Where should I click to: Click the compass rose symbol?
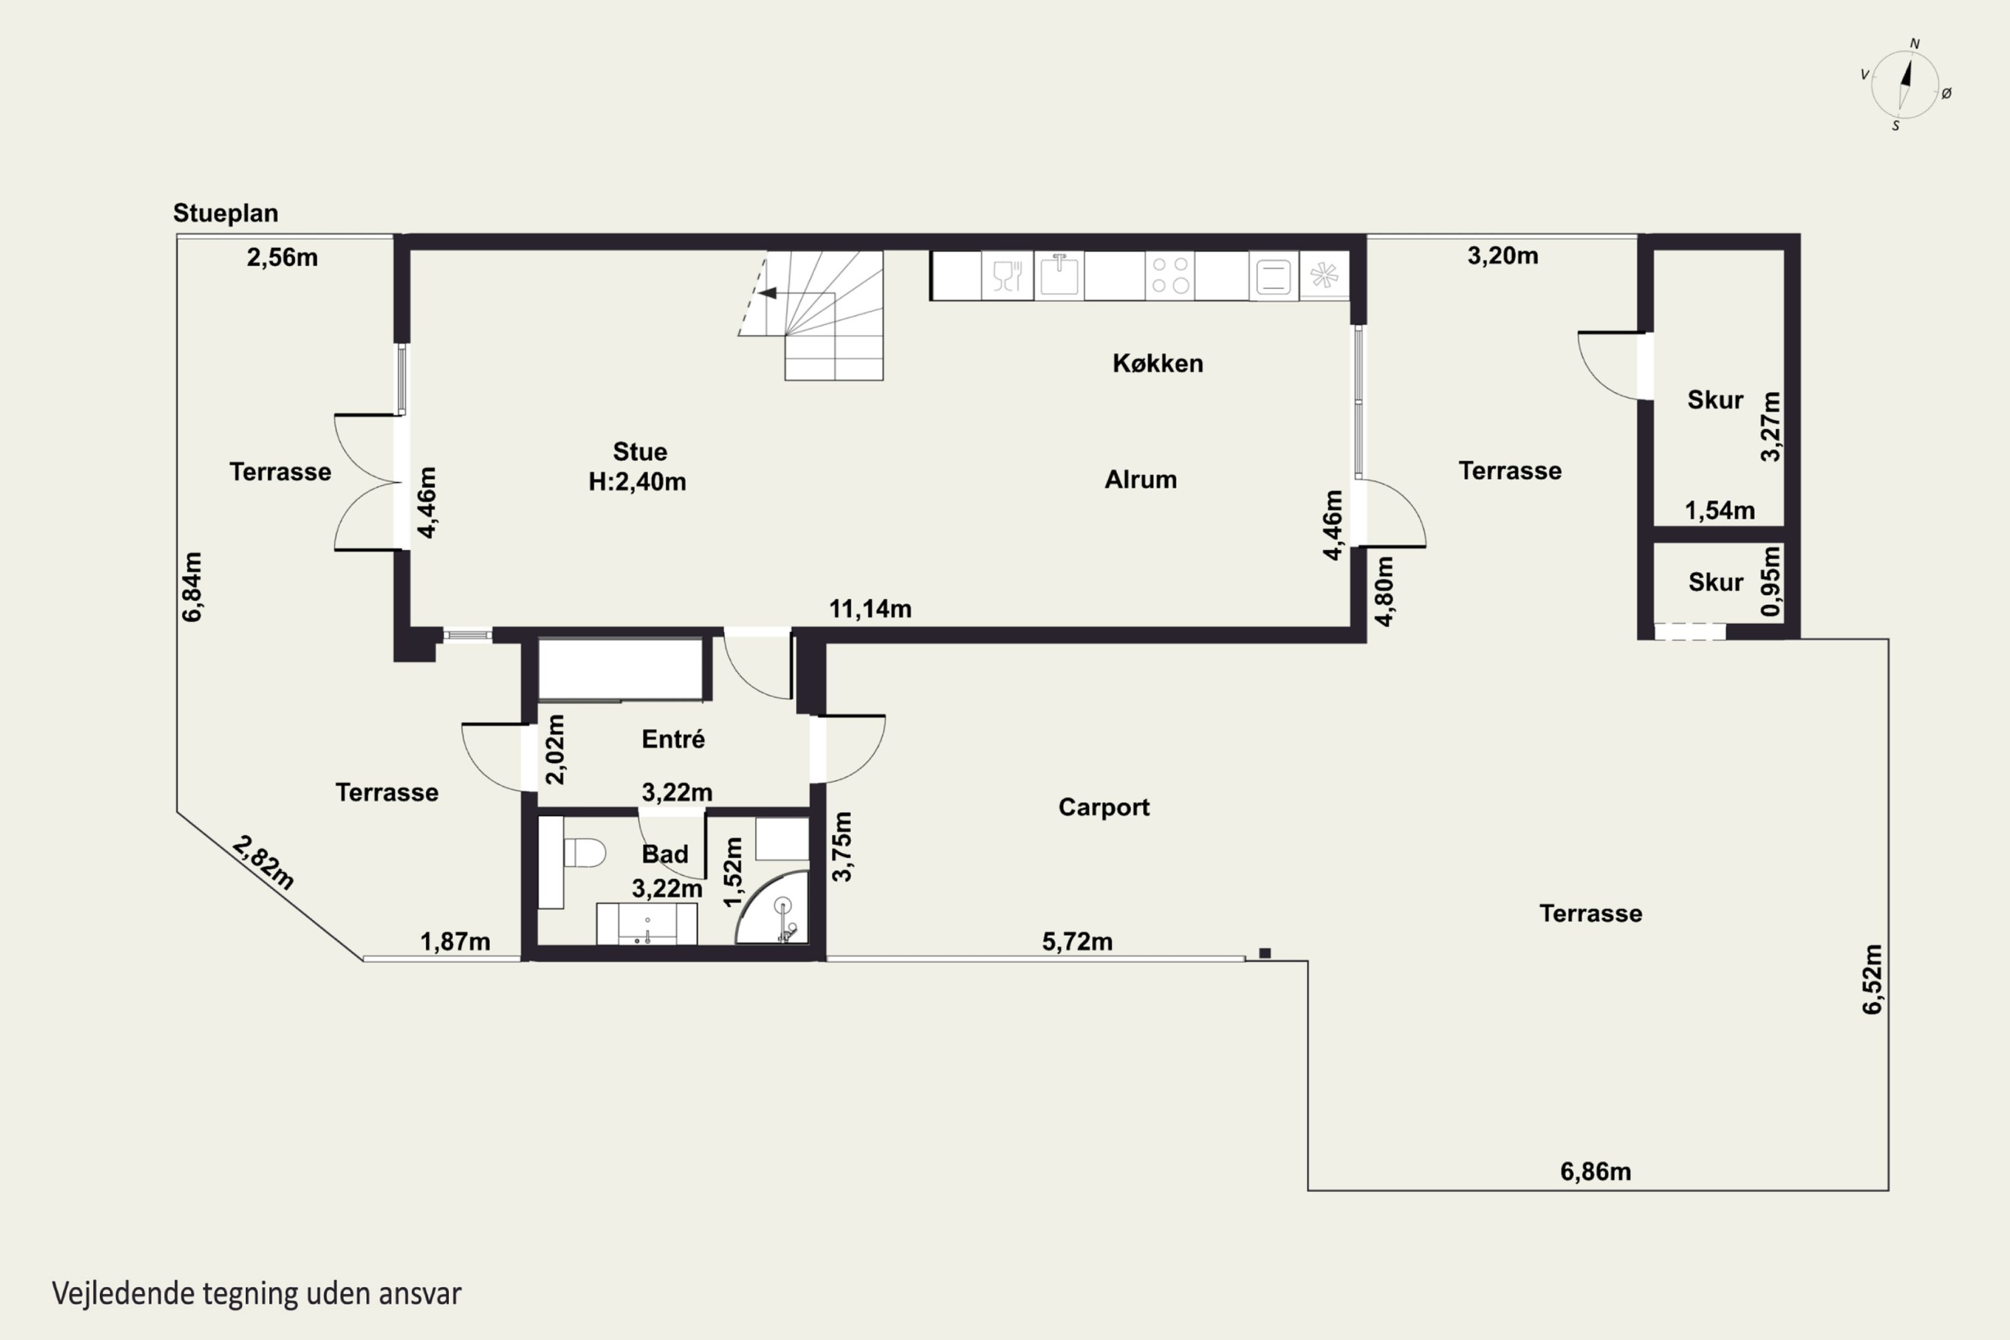1905,84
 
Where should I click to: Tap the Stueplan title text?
226,213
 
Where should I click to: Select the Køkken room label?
1158,363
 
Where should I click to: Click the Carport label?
1104,807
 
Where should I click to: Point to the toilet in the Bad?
584,852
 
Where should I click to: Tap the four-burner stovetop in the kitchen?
1170,275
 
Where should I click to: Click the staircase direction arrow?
766,293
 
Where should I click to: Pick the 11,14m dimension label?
870,608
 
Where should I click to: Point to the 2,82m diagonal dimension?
263,863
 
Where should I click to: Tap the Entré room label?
673,738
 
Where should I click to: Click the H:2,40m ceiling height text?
638,482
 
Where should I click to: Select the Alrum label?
1141,480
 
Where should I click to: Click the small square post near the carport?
1265,953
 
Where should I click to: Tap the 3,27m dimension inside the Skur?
1771,426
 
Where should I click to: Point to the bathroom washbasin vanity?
647,923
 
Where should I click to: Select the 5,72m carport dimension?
1077,942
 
